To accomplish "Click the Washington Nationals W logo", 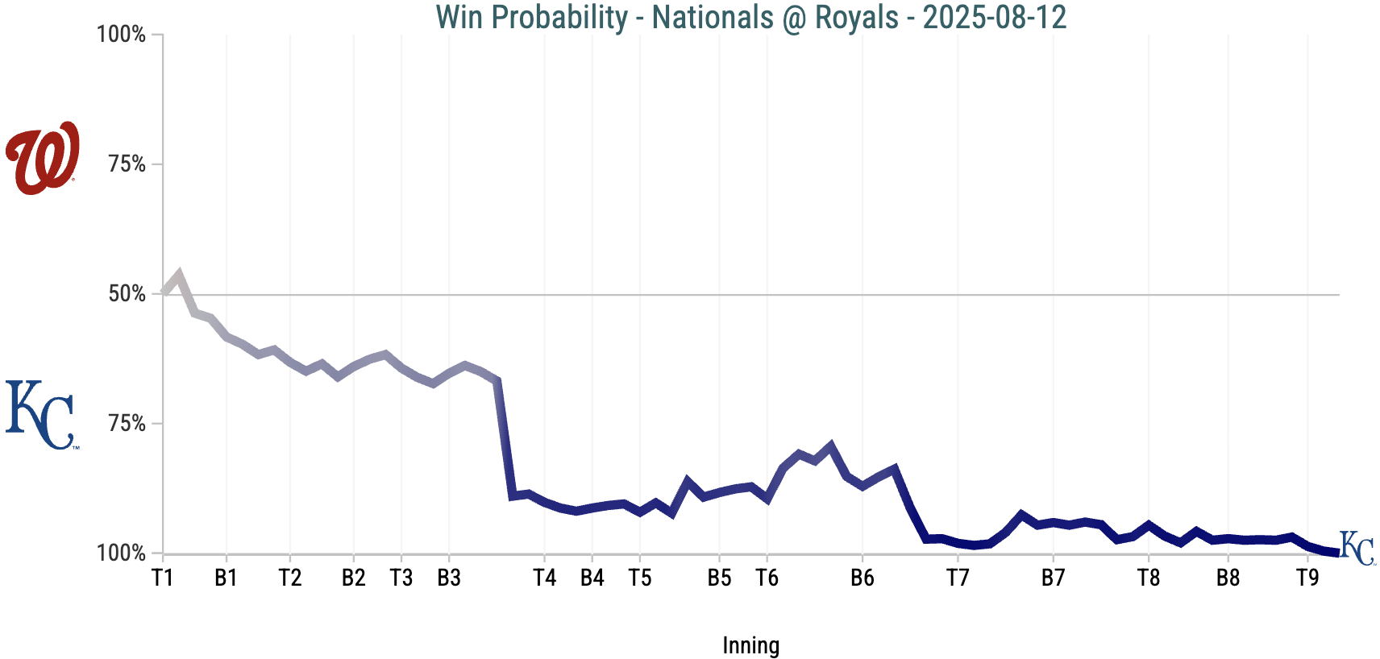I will click(x=43, y=158).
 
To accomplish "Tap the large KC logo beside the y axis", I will click(x=42, y=415).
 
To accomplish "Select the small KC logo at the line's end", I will click(x=1357, y=549).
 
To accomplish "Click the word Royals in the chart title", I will click(x=856, y=17).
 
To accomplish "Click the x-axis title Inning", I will click(x=750, y=645).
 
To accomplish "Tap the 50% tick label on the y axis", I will click(x=127, y=294).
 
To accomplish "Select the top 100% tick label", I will click(x=121, y=35).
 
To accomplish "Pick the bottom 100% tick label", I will click(x=121, y=553).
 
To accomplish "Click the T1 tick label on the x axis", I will click(x=163, y=578).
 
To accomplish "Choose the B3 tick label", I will click(x=449, y=578).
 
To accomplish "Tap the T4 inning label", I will click(x=545, y=578).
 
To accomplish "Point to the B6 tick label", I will click(x=862, y=578).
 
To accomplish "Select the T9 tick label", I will click(x=1307, y=578).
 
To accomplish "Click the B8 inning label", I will click(x=1228, y=578).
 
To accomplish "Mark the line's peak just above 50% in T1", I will click(x=179, y=274).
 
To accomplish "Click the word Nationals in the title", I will click(x=713, y=17).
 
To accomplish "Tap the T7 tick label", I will click(x=958, y=578).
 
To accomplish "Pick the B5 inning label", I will click(x=719, y=578).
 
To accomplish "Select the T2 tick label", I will click(x=290, y=578).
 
